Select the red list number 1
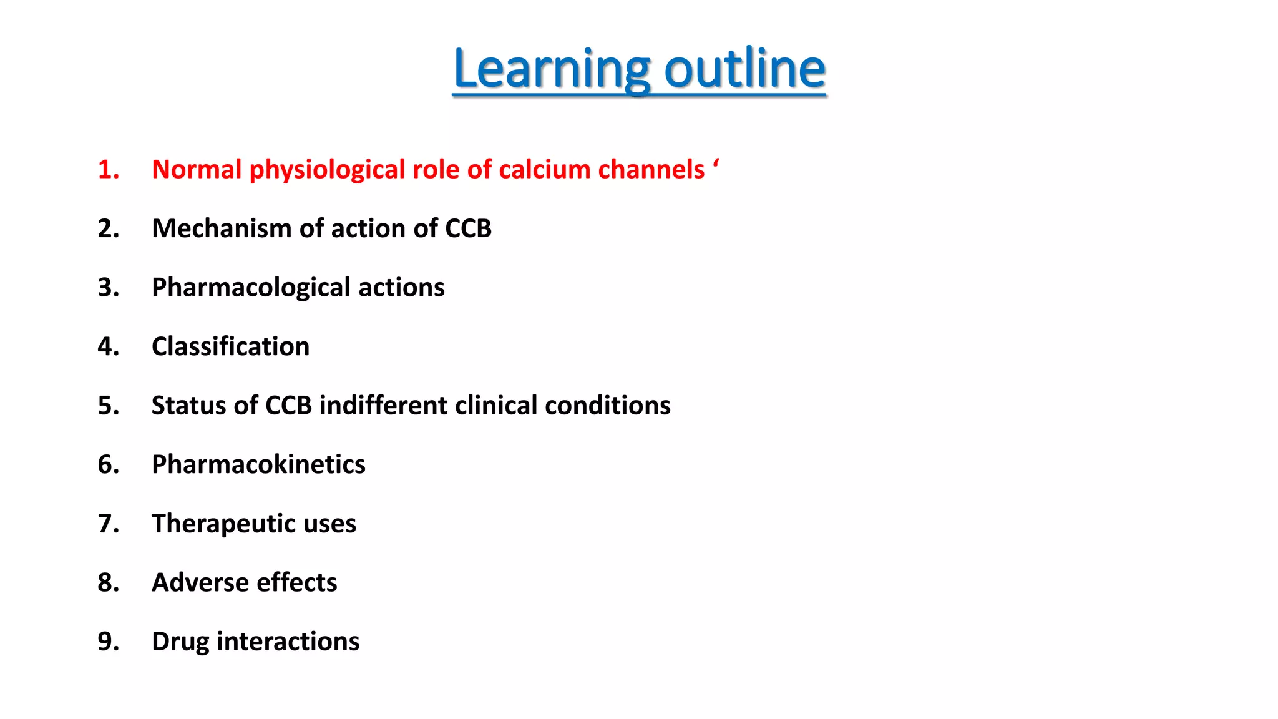click(x=108, y=170)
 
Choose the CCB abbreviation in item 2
click(x=468, y=228)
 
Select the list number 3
click(x=108, y=288)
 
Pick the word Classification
click(x=230, y=346)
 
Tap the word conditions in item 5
click(x=607, y=406)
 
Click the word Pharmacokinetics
click(x=258, y=464)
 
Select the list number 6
click(x=108, y=464)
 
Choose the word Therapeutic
click(x=223, y=524)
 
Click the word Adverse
click(x=200, y=582)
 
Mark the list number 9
click(x=108, y=642)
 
